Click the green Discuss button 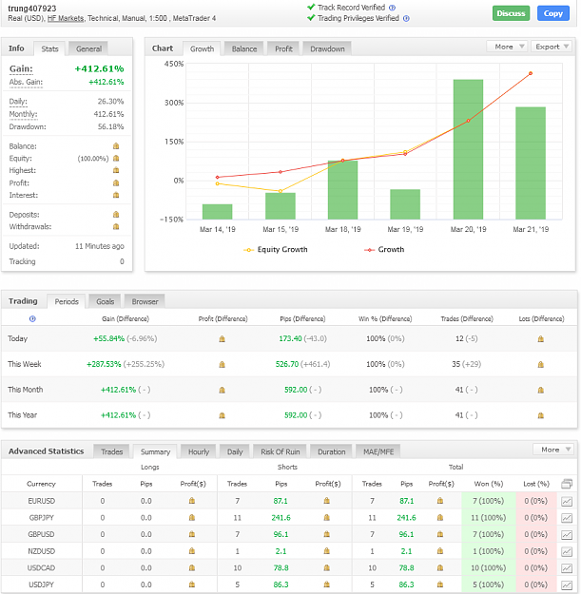(511, 13)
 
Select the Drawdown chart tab (327, 48)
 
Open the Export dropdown (552, 47)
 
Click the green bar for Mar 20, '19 (468, 149)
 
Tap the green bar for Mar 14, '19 (217, 212)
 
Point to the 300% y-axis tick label (174, 103)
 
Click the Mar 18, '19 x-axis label (343, 229)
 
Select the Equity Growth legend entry (276, 250)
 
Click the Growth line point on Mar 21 (531, 73)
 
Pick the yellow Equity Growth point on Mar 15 (281, 191)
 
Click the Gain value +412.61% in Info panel (99, 68)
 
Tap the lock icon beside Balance (116, 145)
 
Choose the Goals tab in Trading (105, 301)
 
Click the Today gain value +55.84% (108, 338)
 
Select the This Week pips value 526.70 (287, 364)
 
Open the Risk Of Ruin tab (281, 451)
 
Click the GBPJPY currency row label (41, 517)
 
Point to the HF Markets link (66, 18)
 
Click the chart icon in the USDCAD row (567, 568)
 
